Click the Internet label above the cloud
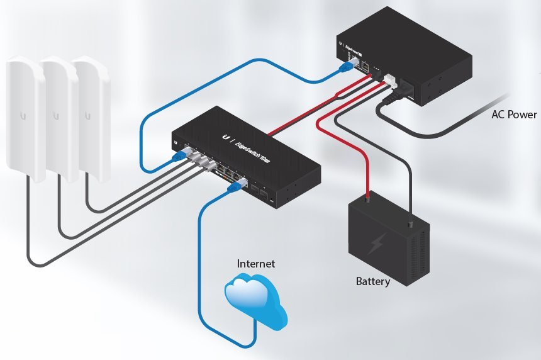pyautogui.click(x=255, y=264)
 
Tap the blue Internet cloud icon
pyautogui.click(x=255, y=302)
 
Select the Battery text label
pyautogui.click(x=372, y=281)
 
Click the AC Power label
pyautogui.click(x=514, y=115)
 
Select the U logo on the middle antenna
pyautogui.click(x=55, y=116)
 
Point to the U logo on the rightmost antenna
pyautogui.click(x=87, y=115)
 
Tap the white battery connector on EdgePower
pyautogui.click(x=390, y=81)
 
